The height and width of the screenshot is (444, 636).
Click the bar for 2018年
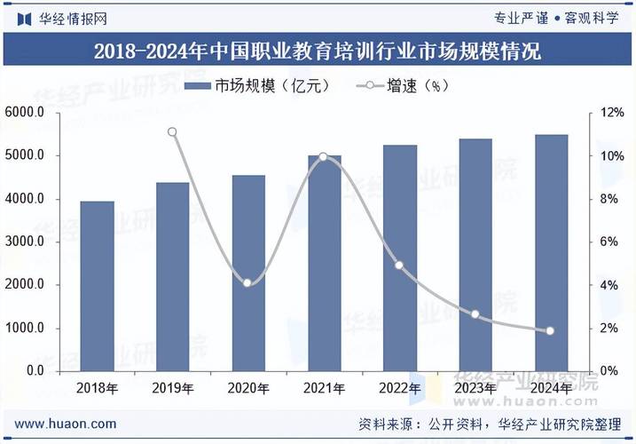(x=97, y=286)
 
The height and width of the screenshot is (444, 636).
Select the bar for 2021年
(x=324, y=263)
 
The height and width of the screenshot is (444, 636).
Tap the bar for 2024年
(x=551, y=252)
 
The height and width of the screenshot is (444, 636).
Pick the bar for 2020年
(x=248, y=273)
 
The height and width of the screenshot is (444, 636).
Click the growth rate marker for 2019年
(x=172, y=132)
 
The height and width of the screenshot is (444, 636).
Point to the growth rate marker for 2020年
(x=247, y=282)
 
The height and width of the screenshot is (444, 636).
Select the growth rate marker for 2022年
(x=399, y=266)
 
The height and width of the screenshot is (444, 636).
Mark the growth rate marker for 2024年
(x=550, y=331)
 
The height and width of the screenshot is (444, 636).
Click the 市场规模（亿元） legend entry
(x=257, y=86)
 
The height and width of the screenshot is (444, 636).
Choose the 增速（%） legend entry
(x=404, y=86)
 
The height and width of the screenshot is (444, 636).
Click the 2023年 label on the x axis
(x=475, y=388)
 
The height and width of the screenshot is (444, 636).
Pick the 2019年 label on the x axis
(x=172, y=388)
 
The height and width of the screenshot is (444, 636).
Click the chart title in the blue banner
(x=318, y=51)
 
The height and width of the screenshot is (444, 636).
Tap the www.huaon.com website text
(x=66, y=424)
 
